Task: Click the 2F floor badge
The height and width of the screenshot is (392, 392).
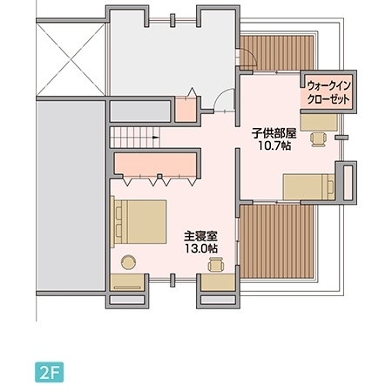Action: pos(49,372)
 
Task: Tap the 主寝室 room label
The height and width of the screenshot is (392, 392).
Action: pos(200,236)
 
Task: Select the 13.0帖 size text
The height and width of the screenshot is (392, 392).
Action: pos(201,248)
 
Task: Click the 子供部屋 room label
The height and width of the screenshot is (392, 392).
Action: pos(274,133)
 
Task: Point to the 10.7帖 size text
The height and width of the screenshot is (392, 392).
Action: pos(274,145)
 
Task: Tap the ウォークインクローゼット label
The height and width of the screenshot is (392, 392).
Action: pos(328,92)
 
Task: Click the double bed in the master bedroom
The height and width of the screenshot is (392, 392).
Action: pos(139,222)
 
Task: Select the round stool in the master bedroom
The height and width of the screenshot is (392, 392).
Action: pos(128,262)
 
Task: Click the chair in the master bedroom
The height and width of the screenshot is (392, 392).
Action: pos(216,264)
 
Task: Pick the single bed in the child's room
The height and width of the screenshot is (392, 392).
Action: pos(309,187)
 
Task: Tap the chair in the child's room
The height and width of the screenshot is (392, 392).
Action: pos(319,139)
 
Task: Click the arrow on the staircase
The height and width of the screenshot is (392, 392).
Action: pos(156,138)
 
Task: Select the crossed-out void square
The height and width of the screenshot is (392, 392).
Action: pos(71,59)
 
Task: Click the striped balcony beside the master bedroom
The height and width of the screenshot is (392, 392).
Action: pos(277,241)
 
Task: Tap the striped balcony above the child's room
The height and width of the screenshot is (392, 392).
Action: pos(277,53)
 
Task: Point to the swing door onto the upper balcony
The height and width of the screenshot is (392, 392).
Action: pos(247,57)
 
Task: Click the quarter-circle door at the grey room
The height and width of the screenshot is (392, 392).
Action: pos(224,99)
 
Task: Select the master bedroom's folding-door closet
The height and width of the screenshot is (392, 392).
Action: pos(155,166)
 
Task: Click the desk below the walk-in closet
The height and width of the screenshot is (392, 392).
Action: pos(319,122)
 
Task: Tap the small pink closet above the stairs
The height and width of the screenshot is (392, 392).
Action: pos(186,110)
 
